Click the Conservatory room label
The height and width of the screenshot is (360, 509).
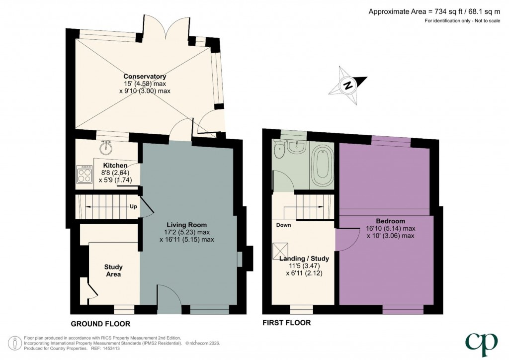point(145,77)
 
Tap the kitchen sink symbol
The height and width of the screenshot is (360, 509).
point(106,148)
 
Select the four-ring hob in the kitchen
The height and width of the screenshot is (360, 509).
point(84,174)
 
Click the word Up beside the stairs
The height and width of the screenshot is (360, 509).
point(133,206)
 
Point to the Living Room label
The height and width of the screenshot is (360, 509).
point(187,225)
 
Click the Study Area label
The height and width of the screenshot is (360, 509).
point(113,270)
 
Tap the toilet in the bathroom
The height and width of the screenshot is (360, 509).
point(279,149)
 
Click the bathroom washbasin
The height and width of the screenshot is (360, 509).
point(297,146)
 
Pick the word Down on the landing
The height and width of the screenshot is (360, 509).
point(284,225)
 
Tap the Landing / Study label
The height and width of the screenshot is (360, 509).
point(304,259)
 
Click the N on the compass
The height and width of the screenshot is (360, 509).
point(348,86)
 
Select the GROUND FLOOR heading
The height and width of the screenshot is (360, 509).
point(100,324)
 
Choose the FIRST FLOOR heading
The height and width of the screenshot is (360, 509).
point(287,323)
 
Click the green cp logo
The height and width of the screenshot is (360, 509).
point(481,344)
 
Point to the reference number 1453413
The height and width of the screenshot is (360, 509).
point(111,349)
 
